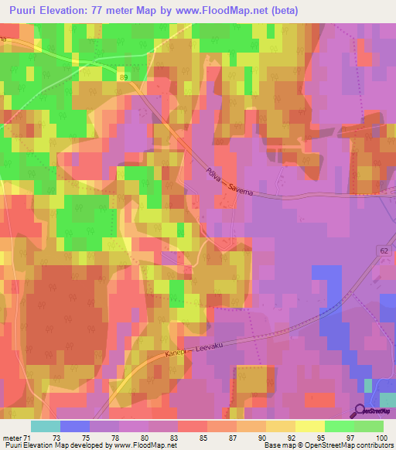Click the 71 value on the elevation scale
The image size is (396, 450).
(x=29, y=438)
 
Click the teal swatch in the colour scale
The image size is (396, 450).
(x=45, y=426)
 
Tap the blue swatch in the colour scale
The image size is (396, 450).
(x=75, y=426)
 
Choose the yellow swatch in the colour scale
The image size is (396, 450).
(x=309, y=426)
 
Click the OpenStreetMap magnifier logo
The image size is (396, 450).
(x=360, y=411)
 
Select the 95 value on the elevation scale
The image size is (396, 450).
(x=319, y=438)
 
